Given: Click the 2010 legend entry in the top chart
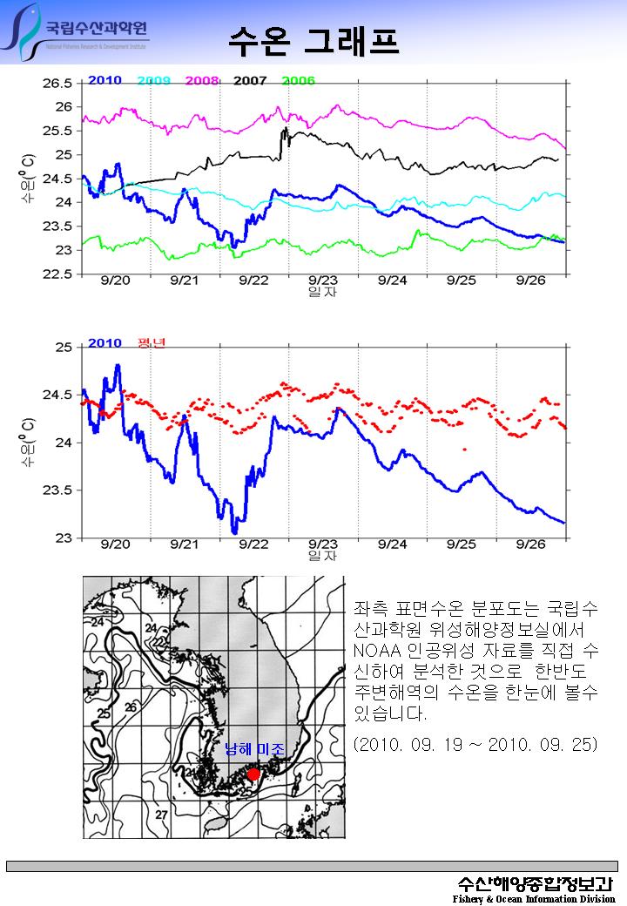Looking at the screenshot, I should [104, 81].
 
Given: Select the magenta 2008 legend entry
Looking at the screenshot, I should [201, 81].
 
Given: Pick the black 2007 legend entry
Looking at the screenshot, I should [250, 81].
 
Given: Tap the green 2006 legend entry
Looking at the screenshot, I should [298, 81].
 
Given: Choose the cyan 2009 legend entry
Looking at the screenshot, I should [153, 81].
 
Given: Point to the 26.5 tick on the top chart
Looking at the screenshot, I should [57, 84].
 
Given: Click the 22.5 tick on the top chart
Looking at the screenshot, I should [57, 274].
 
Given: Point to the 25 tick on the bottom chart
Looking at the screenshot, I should [64, 348].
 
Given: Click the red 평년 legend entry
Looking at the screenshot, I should [152, 342].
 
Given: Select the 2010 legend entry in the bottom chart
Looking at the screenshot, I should [104, 342].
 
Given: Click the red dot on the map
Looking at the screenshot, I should [253, 774].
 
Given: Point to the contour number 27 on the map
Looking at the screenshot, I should [160, 814].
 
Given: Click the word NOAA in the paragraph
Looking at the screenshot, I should [377, 652].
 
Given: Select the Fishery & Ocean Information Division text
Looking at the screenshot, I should [533, 898].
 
